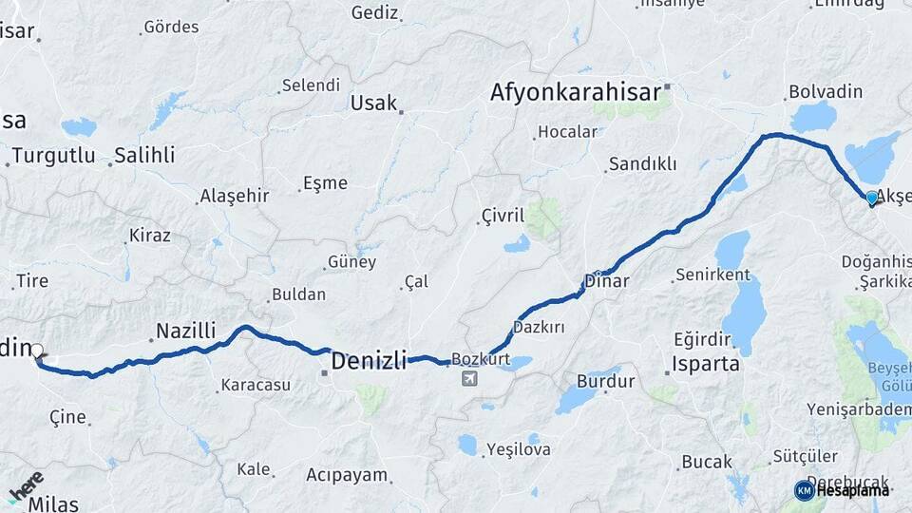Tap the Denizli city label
(369, 360)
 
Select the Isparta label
(705, 363)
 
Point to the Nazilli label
(185, 331)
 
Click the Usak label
(373, 103)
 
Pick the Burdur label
(605, 382)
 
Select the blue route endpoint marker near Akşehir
(872, 198)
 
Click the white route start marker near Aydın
(37, 351)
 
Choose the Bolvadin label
(825, 92)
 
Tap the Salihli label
(144, 156)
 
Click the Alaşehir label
(234, 197)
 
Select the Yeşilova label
(518, 449)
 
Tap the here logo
(26, 484)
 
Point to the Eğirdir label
(701, 339)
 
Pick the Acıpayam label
(347, 474)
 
